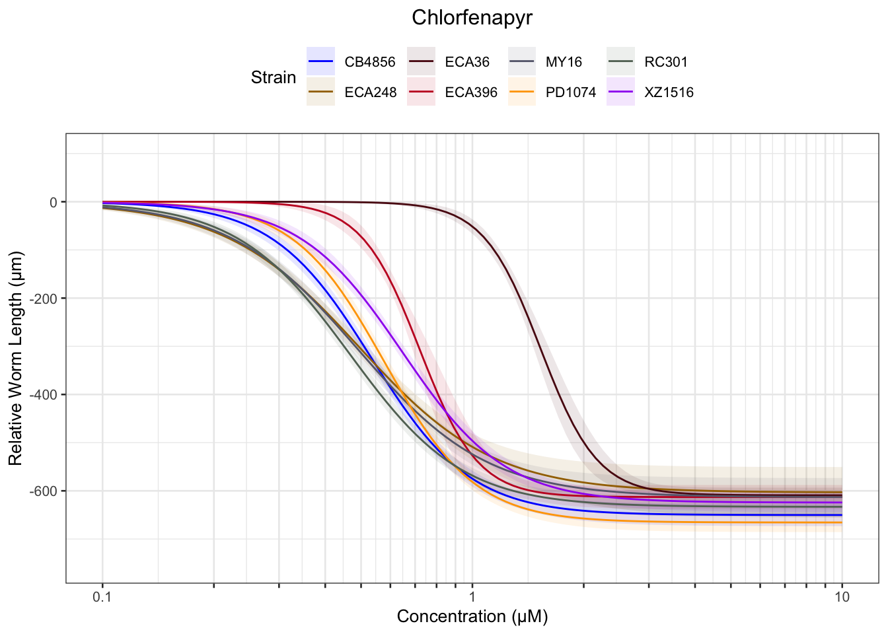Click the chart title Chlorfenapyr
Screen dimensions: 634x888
tap(472, 18)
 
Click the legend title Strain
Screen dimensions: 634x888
tap(273, 78)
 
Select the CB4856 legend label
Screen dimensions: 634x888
tap(369, 62)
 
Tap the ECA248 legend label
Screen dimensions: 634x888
tap(370, 92)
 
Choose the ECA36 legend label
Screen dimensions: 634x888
tap(467, 62)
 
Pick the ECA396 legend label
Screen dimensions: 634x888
tap(471, 92)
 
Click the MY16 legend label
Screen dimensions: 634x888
tap(564, 62)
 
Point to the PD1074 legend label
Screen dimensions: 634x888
tap(570, 92)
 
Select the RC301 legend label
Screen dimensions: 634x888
tap(665, 62)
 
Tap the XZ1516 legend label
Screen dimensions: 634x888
tap(669, 92)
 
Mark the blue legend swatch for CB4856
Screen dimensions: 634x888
tap(321, 62)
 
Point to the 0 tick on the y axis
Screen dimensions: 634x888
tap(54, 202)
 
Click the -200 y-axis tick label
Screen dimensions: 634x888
tap(45, 299)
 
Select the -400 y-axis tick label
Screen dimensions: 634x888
tap(45, 395)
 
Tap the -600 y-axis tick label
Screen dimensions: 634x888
tap(45, 491)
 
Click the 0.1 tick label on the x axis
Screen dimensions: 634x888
tap(102, 597)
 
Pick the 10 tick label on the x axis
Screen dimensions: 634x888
tap(842, 597)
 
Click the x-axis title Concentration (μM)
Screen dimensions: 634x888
tap(472, 617)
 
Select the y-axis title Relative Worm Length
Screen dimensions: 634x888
tap(16, 358)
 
